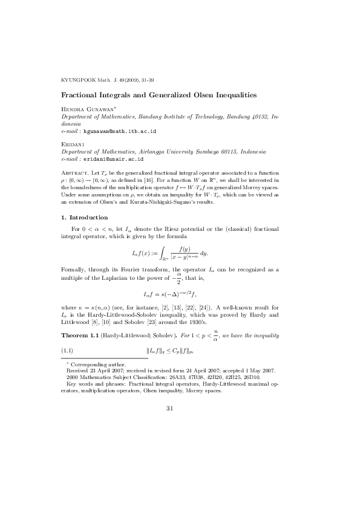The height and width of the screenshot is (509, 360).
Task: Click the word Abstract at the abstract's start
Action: (76, 173)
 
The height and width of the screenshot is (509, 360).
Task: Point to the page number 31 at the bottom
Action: (170, 409)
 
